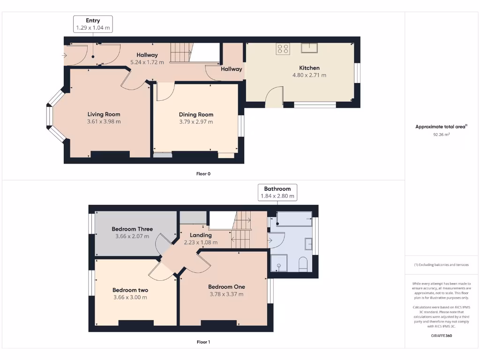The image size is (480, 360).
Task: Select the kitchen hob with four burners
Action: [x=283, y=49]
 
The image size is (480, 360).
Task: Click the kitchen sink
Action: [x=309, y=47]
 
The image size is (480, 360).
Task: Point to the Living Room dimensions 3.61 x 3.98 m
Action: [x=104, y=121]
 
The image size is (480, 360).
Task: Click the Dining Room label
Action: [x=196, y=114]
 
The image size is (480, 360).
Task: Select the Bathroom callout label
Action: [x=277, y=189]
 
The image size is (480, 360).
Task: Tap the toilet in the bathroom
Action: [x=303, y=264]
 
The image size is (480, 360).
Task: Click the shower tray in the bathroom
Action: [x=279, y=263]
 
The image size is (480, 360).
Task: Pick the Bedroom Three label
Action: [x=132, y=229]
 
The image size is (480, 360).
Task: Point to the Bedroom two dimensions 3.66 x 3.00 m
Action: [x=130, y=297]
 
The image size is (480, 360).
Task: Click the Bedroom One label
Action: [x=226, y=287]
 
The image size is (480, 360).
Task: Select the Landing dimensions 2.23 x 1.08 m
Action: [x=201, y=242]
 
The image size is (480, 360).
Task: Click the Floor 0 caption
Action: [x=203, y=174]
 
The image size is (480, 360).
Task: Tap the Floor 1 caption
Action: [x=203, y=342]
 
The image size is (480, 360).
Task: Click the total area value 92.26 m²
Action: [x=441, y=135]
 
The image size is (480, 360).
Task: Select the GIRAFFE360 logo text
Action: [x=441, y=336]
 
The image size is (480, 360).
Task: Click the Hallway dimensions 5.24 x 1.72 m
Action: [x=147, y=62]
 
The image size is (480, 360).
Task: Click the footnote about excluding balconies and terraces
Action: [x=441, y=265]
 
